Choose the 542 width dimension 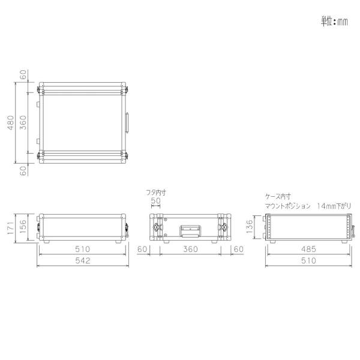coord(82,260)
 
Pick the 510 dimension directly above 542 coord(82,248)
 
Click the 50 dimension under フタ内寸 coord(156,200)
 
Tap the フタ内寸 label coord(156,193)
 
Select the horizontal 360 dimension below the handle coord(190,248)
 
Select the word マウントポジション coord(287,205)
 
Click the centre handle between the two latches coord(190,230)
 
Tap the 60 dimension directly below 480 coord(23,170)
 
